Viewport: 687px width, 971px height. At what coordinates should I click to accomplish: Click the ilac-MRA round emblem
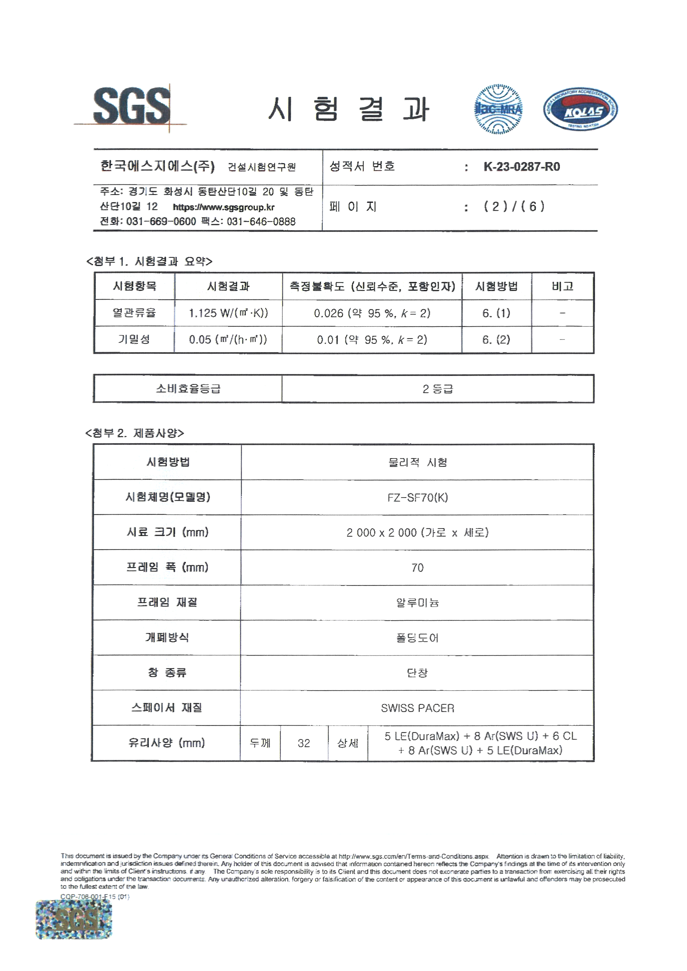498,109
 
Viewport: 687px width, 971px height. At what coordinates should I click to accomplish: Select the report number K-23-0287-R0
521,167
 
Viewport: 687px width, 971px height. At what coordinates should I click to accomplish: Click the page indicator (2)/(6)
514,206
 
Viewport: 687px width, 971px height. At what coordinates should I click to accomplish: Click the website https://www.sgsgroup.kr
223,207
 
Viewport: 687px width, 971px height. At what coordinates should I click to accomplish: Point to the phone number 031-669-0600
161,222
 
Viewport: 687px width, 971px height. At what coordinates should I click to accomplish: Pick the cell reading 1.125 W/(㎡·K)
228,313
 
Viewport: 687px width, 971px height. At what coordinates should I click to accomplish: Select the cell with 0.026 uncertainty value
371,313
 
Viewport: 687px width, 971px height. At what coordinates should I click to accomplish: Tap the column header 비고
562,286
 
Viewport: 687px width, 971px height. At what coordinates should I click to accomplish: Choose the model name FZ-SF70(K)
417,497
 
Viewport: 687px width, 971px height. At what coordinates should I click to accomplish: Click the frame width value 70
417,568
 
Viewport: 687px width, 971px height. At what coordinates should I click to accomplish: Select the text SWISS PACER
417,708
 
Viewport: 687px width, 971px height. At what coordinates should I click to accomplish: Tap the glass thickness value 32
304,743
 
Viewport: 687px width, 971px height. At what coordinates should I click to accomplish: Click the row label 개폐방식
167,637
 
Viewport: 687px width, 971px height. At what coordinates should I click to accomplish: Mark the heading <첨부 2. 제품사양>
135,433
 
